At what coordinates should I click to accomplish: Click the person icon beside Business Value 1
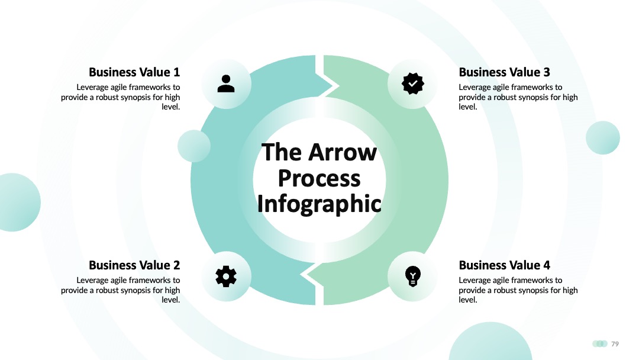pos(226,83)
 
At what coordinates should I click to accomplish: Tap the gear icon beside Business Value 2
pos(226,277)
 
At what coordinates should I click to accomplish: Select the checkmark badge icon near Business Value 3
pos(413,83)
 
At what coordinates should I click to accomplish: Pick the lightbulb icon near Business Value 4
pos(413,277)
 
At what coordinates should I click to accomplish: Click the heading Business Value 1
pos(134,72)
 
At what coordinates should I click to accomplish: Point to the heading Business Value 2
pos(134,265)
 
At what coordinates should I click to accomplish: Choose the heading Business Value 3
pos(504,72)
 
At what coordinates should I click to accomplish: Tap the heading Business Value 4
pos(504,265)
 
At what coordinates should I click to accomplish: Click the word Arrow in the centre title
pos(343,153)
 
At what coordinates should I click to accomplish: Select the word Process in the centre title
pos(319,179)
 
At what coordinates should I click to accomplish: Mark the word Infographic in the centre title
pos(319,204)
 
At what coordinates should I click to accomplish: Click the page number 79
pos(615,343)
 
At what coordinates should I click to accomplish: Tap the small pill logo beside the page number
pos(600,343)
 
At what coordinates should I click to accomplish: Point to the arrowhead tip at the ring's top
pos(338,86)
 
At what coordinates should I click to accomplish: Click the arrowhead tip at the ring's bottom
pos(301,274)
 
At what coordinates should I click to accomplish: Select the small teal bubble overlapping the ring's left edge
pos(194,146)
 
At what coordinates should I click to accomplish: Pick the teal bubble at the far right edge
pos(603,138)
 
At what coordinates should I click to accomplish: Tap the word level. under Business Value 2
pos(171,300)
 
